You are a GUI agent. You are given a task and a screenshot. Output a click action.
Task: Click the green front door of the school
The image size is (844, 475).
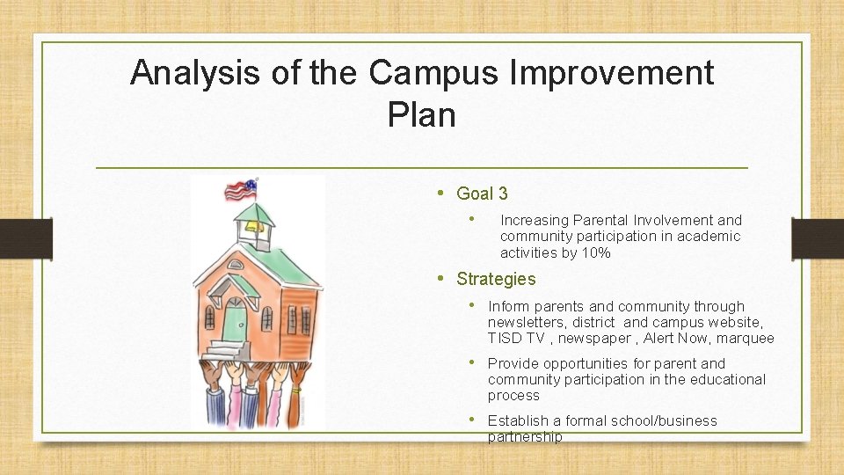[x=235, y=321]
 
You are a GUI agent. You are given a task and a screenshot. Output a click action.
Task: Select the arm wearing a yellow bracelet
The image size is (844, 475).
[x=296, y=388]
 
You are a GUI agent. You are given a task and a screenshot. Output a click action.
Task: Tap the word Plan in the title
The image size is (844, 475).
[x=421, y=114]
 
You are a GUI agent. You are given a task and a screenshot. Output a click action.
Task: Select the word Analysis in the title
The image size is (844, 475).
[x=196, y=72]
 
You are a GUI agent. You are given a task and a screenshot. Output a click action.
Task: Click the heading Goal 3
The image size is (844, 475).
[x=482, y=194]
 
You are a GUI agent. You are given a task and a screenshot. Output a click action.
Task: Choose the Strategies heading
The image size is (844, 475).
[x=496, y=279]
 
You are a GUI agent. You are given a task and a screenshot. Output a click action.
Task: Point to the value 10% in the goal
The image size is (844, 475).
[x=593, y=253]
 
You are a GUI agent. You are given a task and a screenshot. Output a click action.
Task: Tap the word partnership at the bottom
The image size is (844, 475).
[x=524, y=436]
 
